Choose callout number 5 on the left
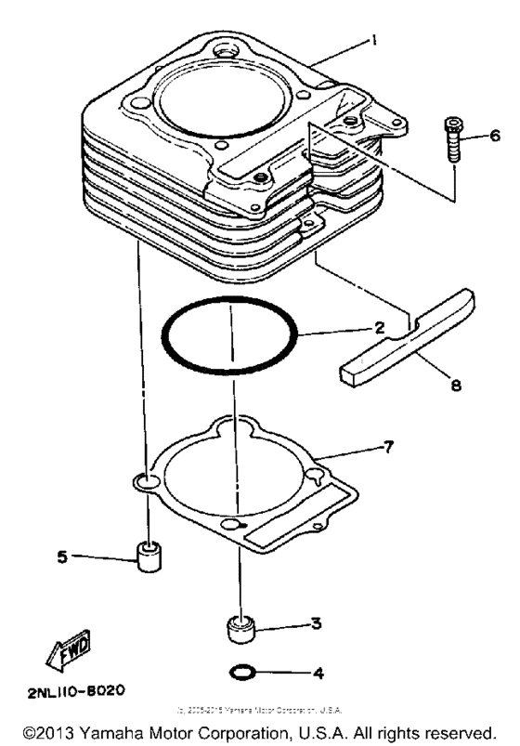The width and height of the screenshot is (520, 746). [x=63, y=557]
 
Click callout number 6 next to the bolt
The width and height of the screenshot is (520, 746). [x=495, y=136]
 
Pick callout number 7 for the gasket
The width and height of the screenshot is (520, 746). [x=388, y=448]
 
